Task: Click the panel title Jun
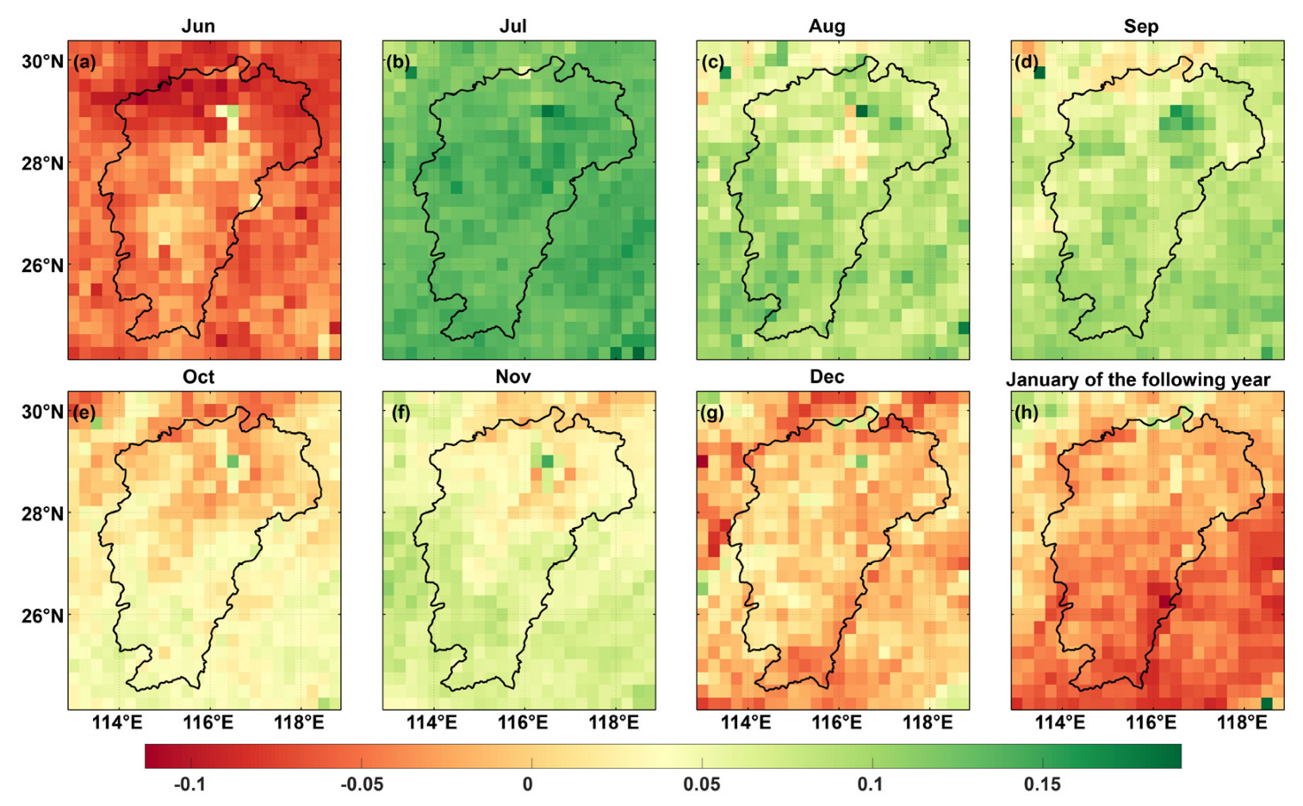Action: coord(198,26)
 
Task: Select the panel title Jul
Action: coord(513,26)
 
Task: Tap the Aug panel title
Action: coord(827,26)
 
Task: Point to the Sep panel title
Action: coord(1141,26)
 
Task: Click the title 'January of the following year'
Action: coord(1138,380)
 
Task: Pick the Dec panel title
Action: coord(827,377)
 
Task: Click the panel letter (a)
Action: coord(85,61)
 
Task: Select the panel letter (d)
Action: coord(1027,61)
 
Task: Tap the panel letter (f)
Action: coord(400,412)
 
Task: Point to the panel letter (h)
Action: coord(1027,412)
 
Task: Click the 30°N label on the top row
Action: coord(42,61)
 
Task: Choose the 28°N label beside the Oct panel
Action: coord(42,514)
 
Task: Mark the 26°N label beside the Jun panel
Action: coord(42,265)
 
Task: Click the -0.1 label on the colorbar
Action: coord(189,784)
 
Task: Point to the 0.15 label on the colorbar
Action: coord(1043,784)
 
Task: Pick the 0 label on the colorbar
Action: coord(528,784)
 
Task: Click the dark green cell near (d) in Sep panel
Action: coord(1039,73)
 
